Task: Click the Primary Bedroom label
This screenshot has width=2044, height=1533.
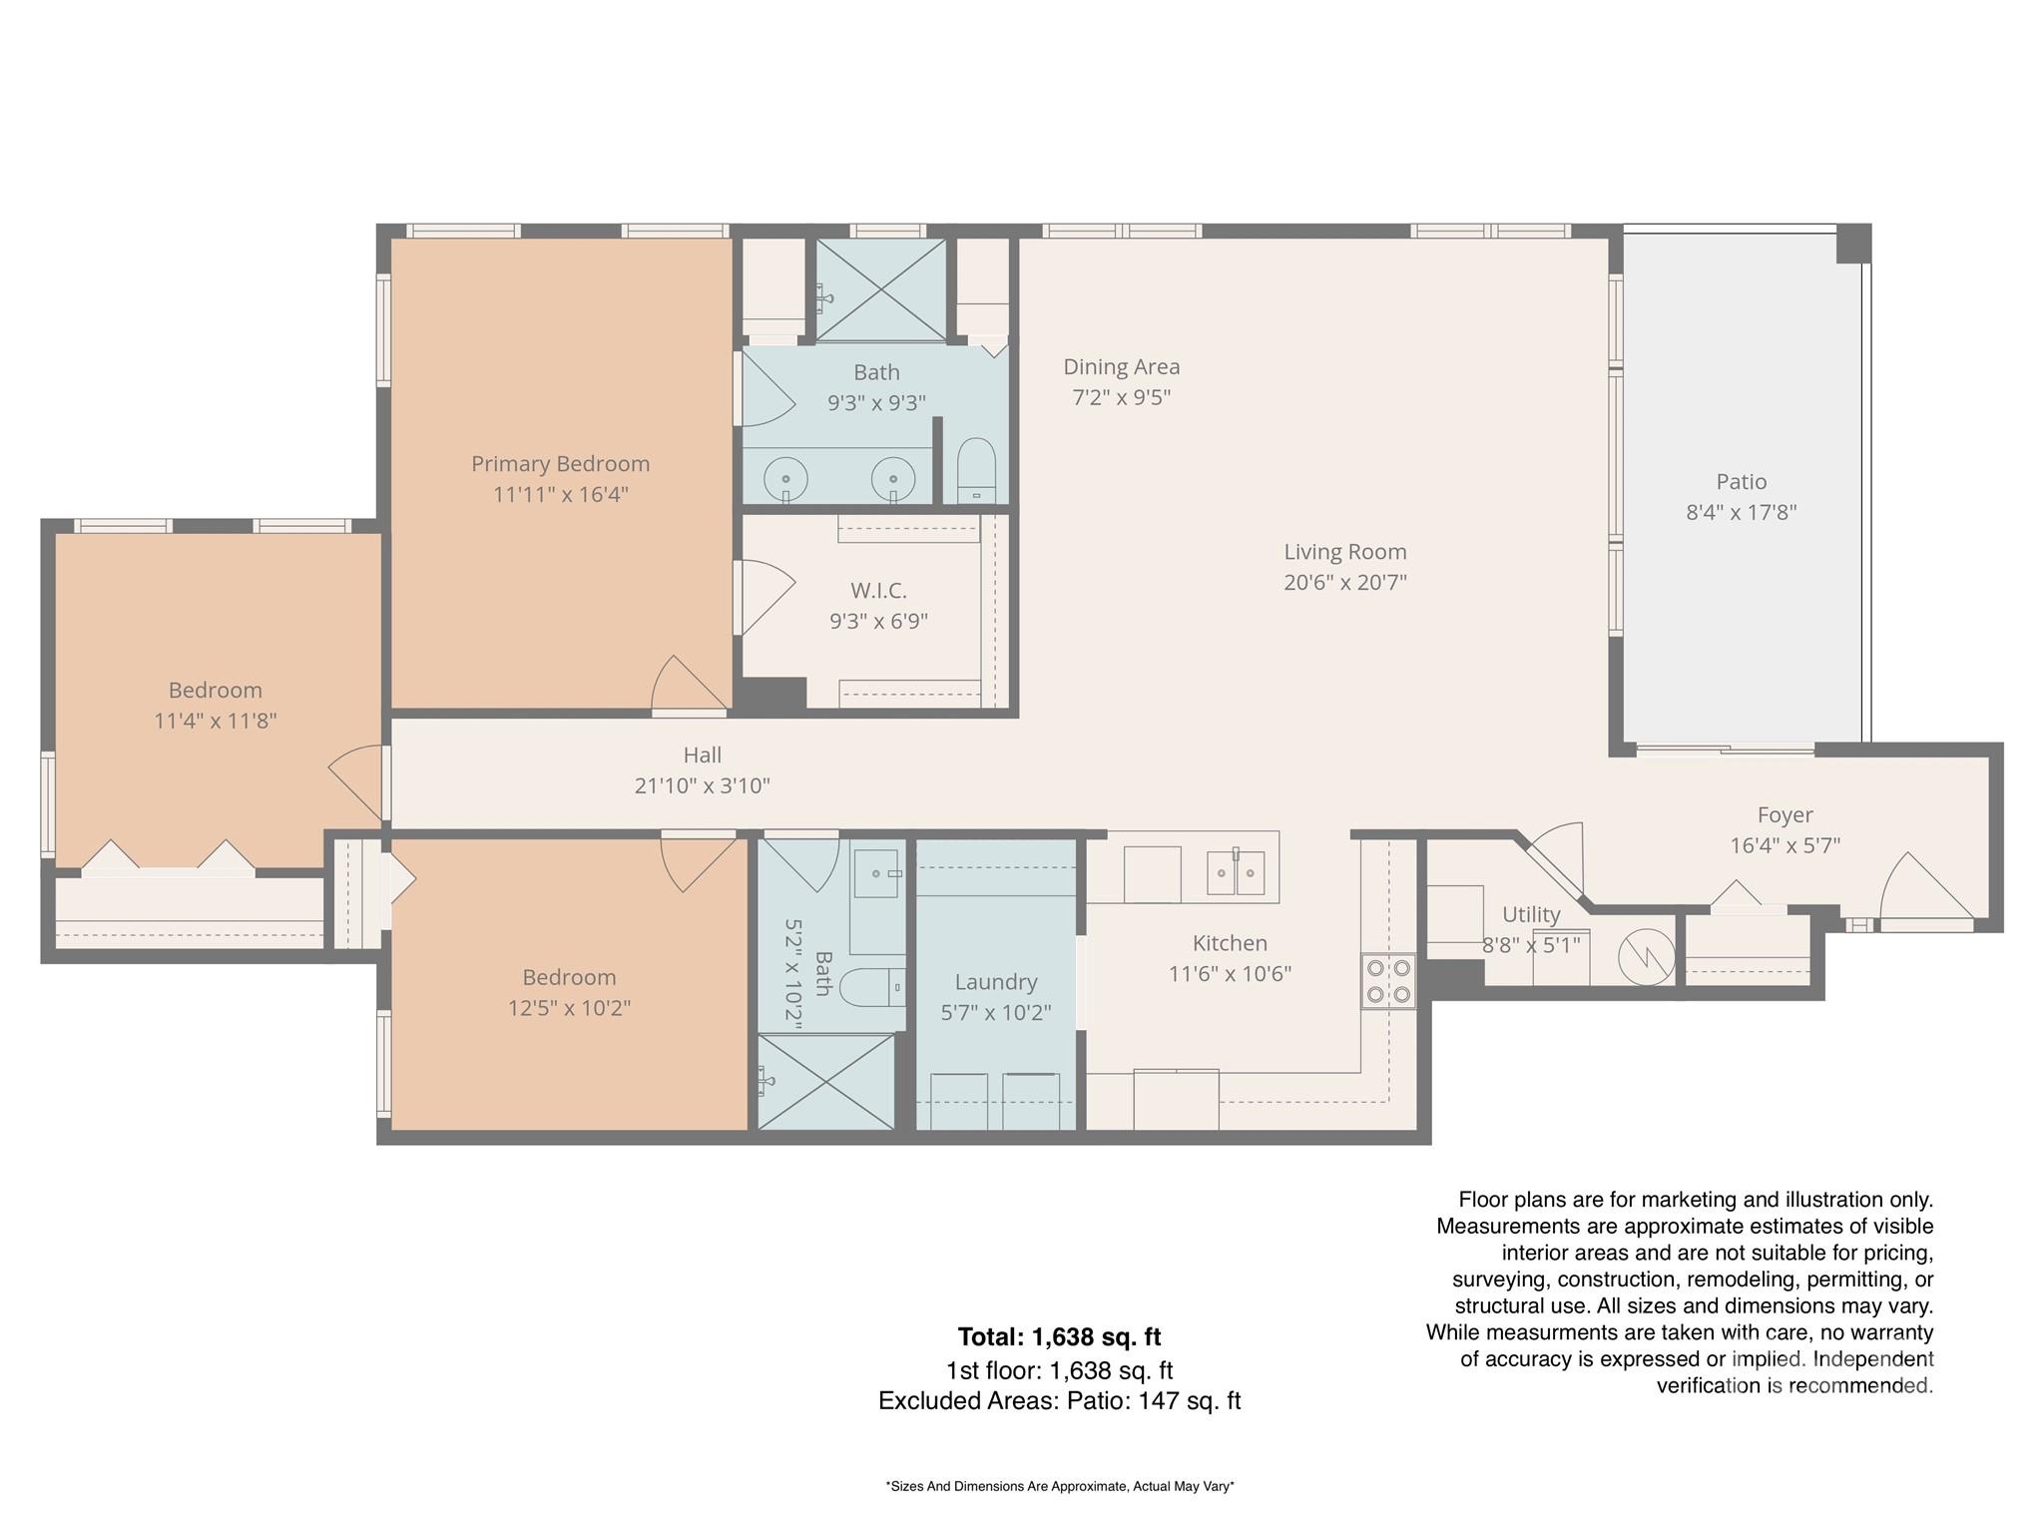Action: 560,464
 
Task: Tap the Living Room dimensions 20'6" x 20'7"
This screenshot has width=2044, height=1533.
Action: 1344,582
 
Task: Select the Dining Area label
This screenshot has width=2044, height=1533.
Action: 1121,367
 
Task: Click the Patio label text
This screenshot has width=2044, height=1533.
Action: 1741,482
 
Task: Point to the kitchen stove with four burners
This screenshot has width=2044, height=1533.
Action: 1388,980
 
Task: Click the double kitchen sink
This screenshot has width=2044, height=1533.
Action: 1236,873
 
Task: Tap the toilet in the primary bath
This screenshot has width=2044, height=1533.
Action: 976,469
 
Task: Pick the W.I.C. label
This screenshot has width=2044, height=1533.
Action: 878,591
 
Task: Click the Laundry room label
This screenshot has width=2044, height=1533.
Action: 995,982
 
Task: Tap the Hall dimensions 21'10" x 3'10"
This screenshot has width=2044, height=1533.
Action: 702,786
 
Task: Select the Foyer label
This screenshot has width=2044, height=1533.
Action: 1785,815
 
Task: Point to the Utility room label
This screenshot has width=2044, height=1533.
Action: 1530,914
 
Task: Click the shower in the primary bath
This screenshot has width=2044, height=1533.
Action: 881,290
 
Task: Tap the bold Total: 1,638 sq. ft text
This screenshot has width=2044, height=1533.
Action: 1059,1336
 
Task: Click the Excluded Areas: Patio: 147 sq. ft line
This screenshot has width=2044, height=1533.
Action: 1059,1401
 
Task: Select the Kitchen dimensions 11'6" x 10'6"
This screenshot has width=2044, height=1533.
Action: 1230,974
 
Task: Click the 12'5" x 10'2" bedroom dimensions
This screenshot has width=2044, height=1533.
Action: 569,1008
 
